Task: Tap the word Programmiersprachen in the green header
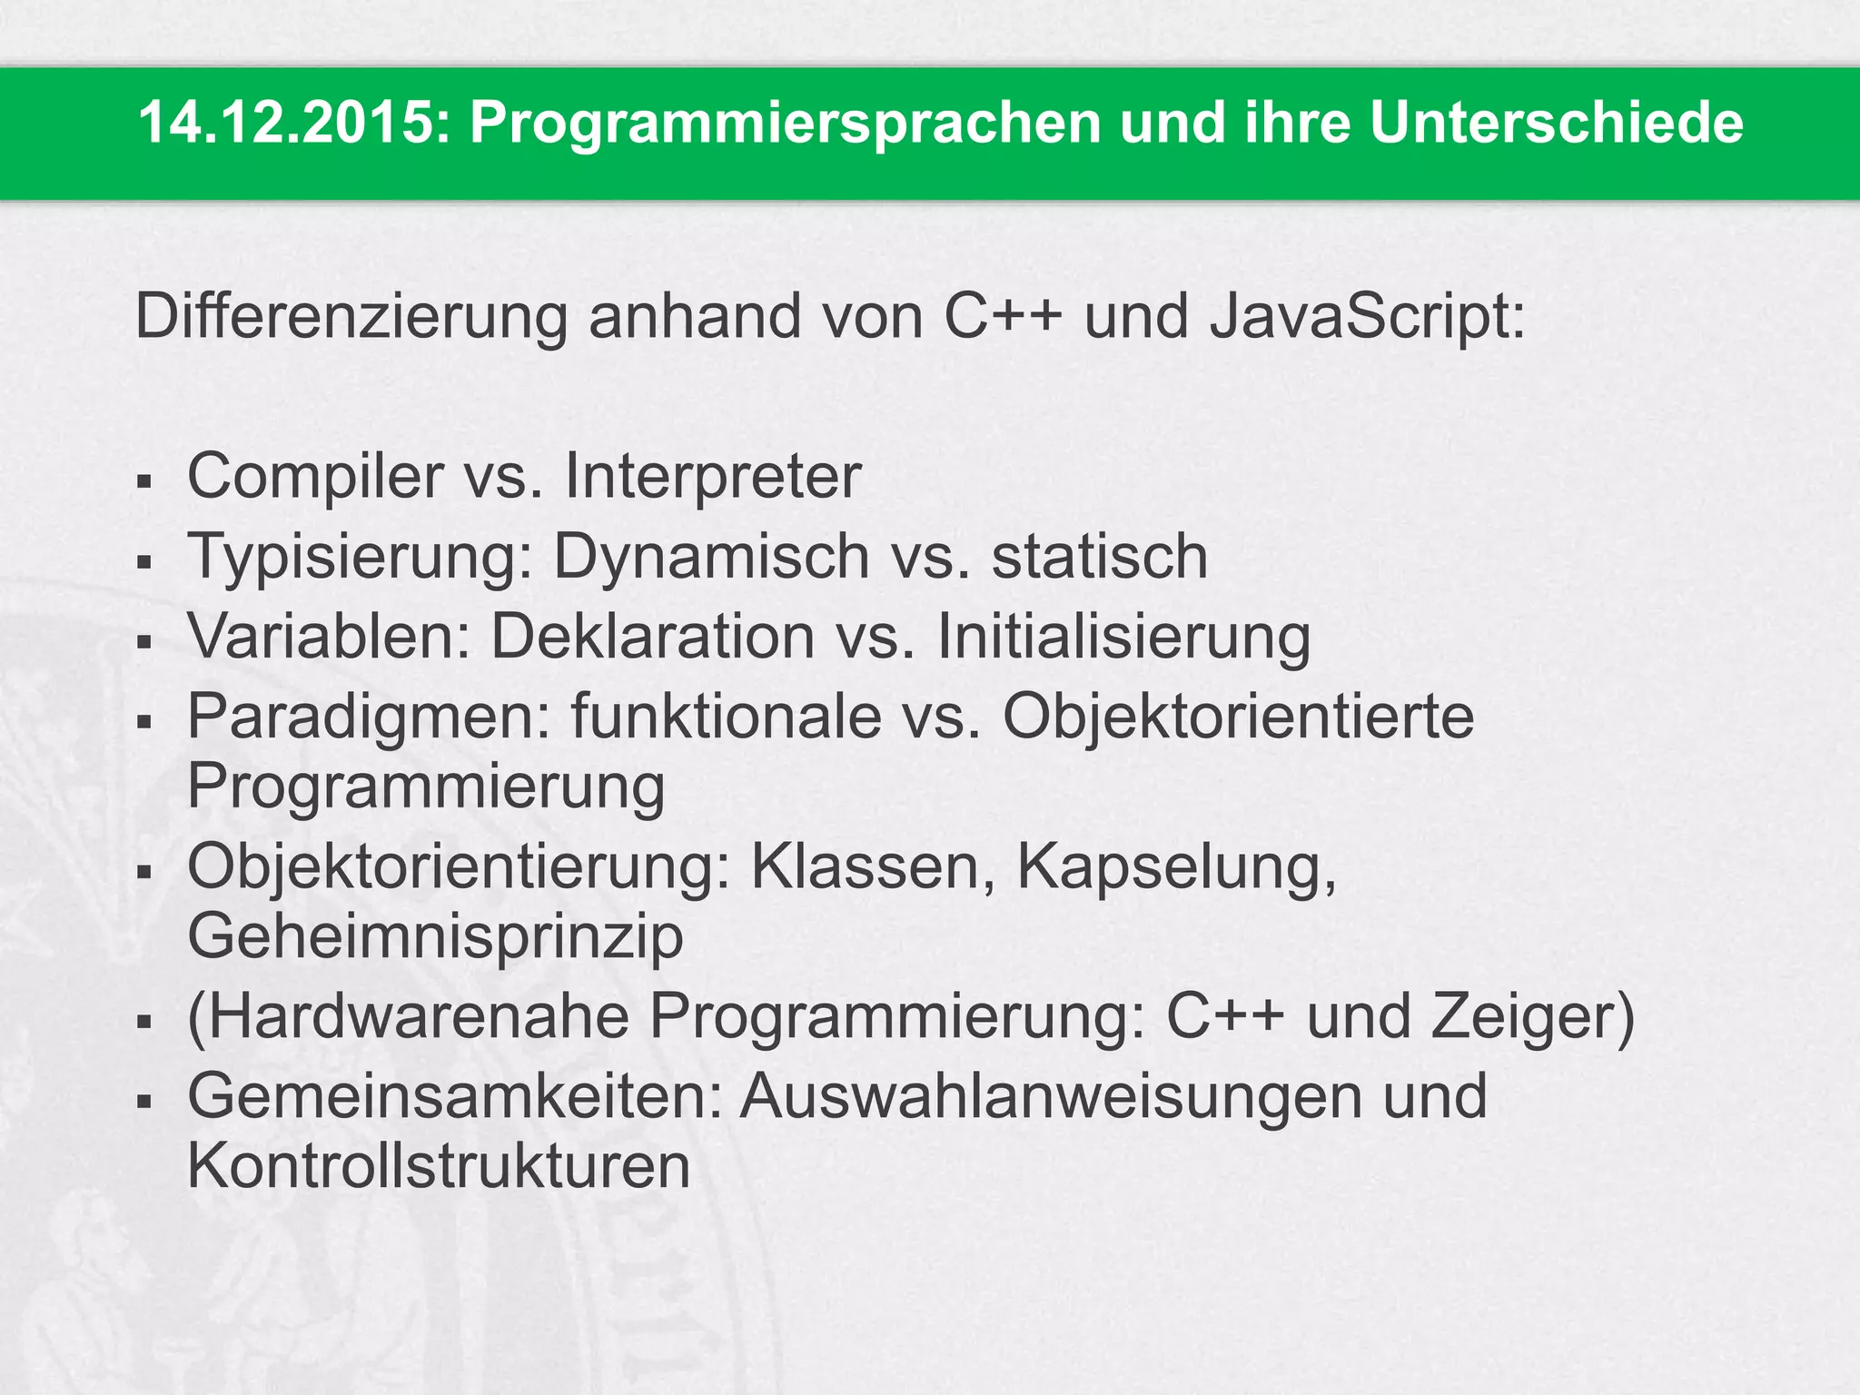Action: point(785,124)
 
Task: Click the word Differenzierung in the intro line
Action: point(351,317)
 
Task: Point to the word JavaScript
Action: point(1367,319)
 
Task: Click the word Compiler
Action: point(314,477)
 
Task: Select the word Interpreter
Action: point(712,477)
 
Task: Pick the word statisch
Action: point(1099,556)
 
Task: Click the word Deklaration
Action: point(652,636)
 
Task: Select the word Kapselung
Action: point(1176,868)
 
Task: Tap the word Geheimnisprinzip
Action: point(435,937)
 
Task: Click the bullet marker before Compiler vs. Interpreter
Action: point(143,480)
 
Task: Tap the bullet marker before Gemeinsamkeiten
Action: point(143,1100)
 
